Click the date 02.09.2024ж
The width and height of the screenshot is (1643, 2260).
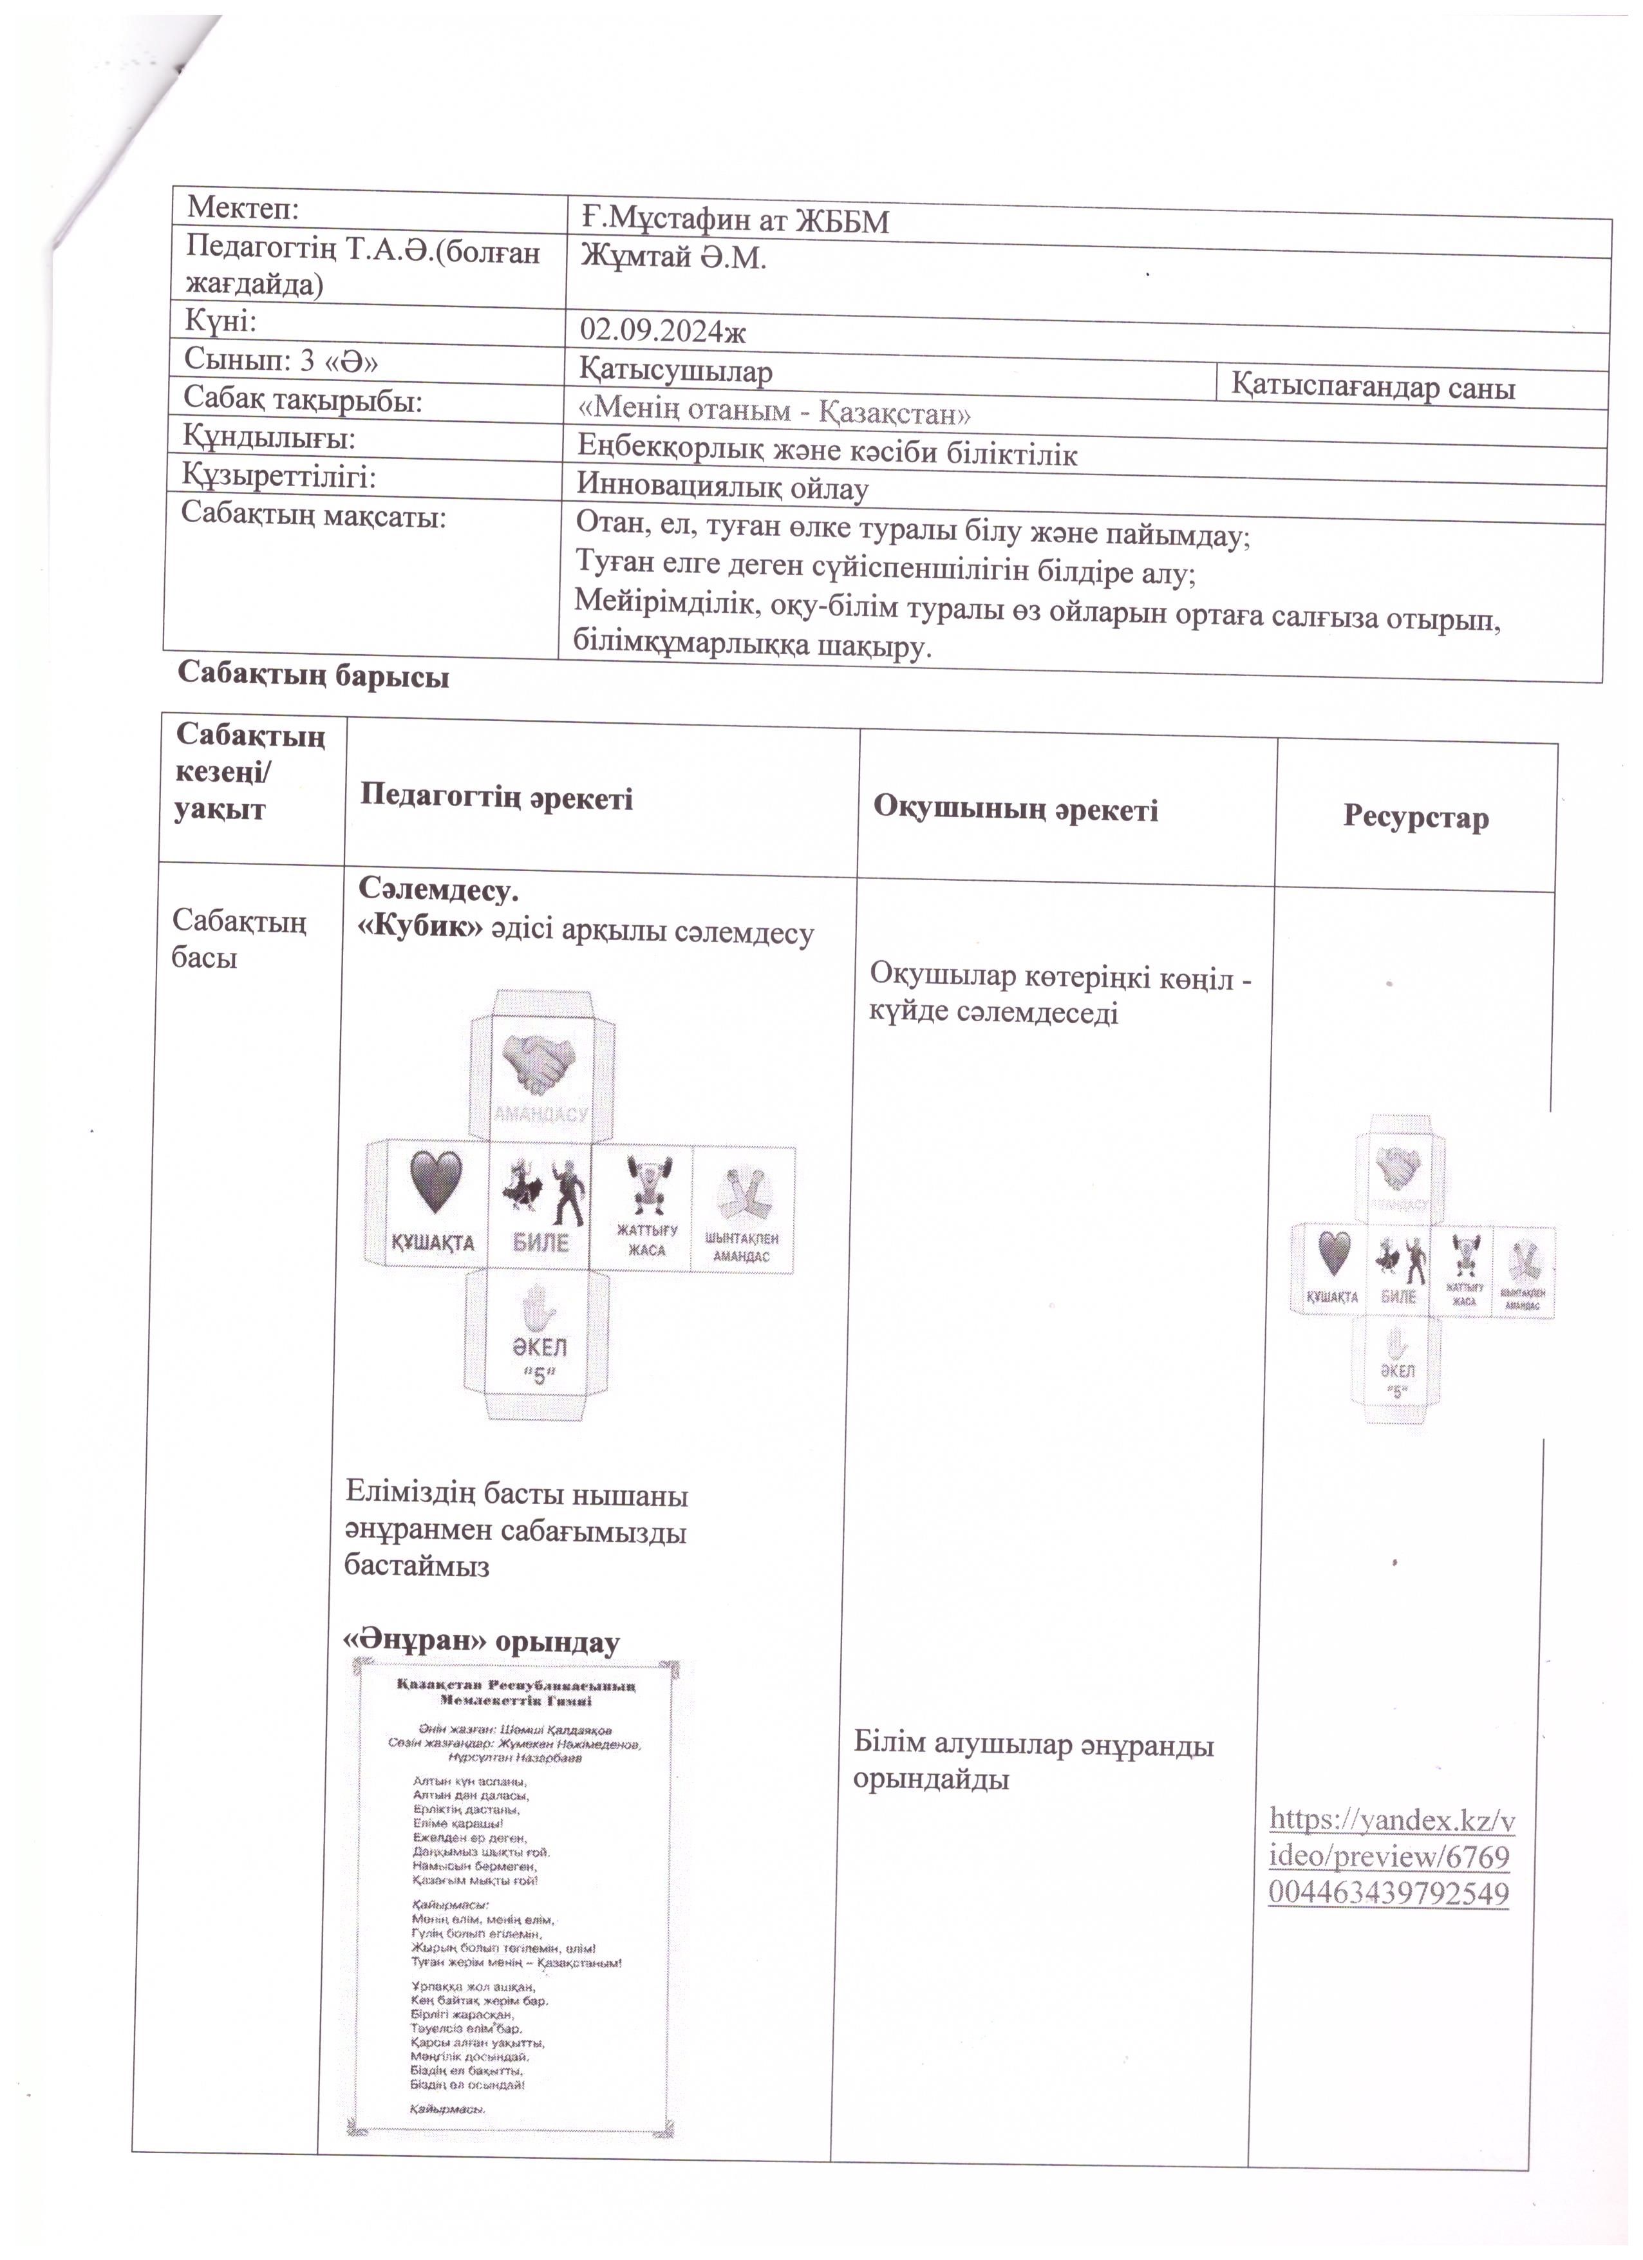pos(662,330)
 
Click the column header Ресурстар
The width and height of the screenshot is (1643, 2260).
pos(1415,818)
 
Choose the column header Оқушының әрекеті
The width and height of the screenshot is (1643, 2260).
pos(1015,809)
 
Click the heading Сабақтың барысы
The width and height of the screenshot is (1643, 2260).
pos(313,675)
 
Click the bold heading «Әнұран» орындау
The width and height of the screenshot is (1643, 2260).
pos(481,1641)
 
